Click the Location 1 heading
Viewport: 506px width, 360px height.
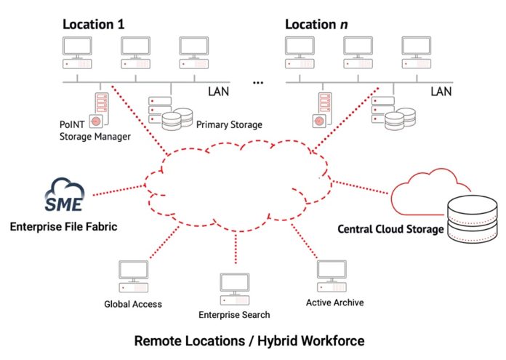click(x=93, y=25)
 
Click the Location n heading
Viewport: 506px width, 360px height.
click(x=316, y=25)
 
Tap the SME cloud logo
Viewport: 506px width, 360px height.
click(x=64, y=194)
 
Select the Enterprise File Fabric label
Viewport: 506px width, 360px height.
click(x=63, y=227)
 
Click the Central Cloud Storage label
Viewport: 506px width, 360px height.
click(x=390, y=229)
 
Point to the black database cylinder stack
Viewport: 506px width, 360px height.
click(x=473, y=219)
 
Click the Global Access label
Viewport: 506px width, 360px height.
click(x=133, y=304)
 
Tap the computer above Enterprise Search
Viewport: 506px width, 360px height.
click(x=235, y=289)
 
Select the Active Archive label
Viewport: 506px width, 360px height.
click(x=335, y=303)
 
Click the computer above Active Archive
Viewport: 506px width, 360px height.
click(x=332, y=276)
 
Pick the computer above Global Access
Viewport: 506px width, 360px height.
click(x=134, y=276)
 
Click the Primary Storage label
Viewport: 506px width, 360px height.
click(x=229, y=125)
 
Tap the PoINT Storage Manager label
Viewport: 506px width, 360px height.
click(x=95, y=130)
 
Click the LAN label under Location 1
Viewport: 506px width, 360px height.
click(x=219, y=92)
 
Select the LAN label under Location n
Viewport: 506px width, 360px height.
click(x=441, y=92)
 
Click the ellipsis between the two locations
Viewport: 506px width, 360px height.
click(x=258, y=83)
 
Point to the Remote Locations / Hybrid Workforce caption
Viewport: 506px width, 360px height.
click(x=249, y=341)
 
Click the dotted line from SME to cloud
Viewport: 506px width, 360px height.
click(x=119, y=190)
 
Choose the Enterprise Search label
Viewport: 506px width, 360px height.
click(x=234, y=315)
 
